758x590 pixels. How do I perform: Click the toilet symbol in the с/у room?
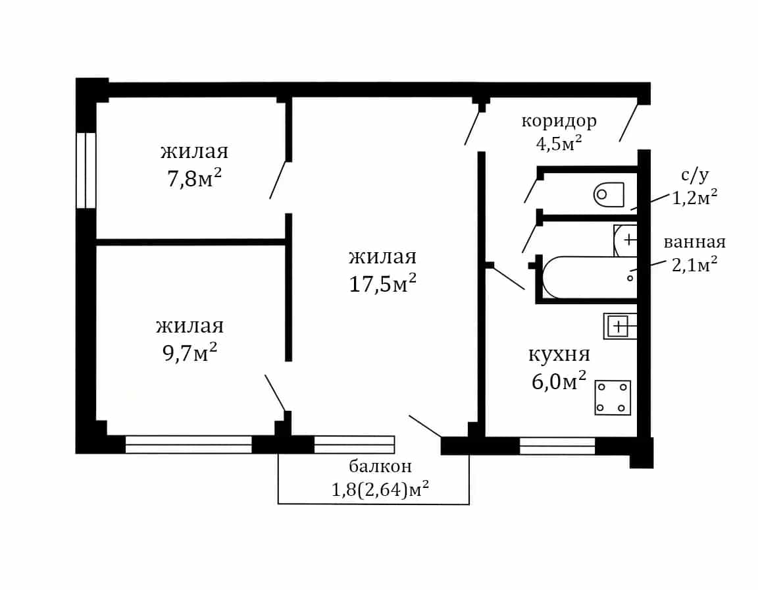(x=609, y=194)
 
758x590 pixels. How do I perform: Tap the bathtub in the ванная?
(x=590, y=277)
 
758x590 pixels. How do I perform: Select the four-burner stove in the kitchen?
(x=613, y=398)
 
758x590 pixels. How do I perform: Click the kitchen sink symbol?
(x=620, y=326)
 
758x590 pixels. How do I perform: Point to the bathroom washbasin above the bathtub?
(x=626, y=240)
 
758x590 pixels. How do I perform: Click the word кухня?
(x=559, y=354)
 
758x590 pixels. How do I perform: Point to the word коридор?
(x=559, y=122)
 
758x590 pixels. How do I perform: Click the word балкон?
(x=380, y=466)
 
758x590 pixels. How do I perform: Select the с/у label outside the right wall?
(x=695, y=176)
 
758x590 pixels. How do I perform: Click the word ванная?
(x=695, y=242)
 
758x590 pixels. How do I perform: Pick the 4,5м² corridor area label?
(x=559, y=144)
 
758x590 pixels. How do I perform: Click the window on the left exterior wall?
(x=86, y=171)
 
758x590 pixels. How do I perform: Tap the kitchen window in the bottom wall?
(x=557, y=445)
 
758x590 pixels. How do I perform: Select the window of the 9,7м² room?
(x=189, y=444)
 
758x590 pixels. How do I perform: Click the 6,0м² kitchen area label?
(x=559, y=381)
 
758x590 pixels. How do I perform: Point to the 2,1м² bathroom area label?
(x=695, y=265)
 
